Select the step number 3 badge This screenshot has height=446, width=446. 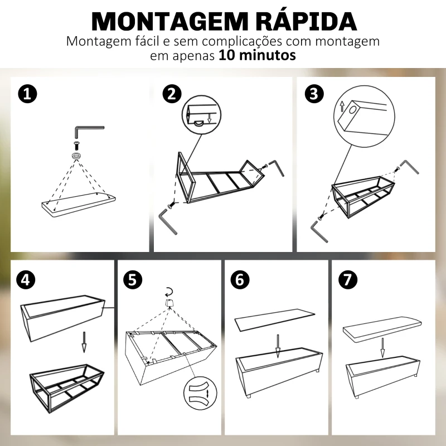[314, 93]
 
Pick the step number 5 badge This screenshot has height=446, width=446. [132, 279]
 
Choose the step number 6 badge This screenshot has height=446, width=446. [240, 279]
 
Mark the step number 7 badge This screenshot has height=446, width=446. [347, 279]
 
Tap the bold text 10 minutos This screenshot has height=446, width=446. [257, 56]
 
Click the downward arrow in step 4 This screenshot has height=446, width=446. [84, 341]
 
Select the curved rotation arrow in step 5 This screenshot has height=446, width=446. [168, 290]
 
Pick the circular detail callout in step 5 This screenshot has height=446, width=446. [200, 394]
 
